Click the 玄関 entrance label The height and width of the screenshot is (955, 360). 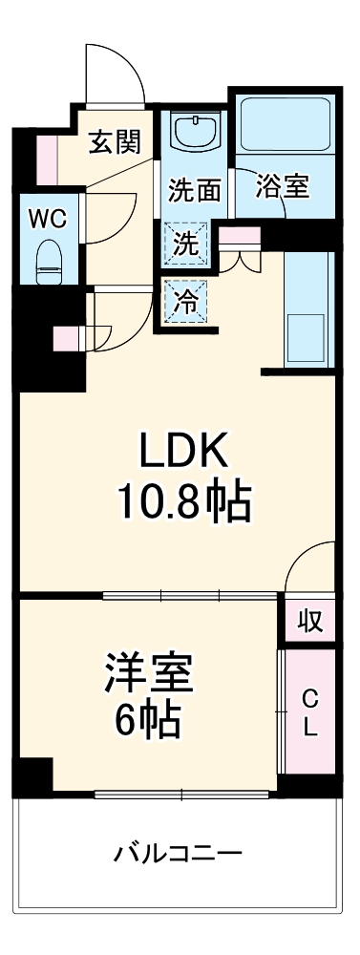point(116,143)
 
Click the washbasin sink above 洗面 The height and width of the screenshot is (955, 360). point(196,132)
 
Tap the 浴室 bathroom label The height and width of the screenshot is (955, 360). point(282,186)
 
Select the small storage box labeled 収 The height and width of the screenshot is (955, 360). point(307,621)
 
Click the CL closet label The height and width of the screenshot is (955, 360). point(309,712)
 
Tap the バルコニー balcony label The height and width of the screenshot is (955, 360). point(179,853)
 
